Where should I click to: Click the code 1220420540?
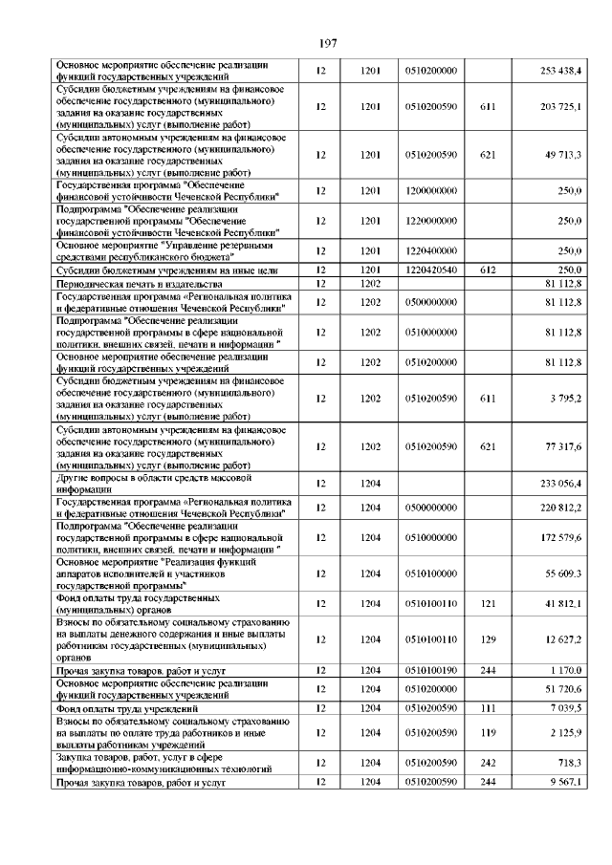click(x=431, y=270)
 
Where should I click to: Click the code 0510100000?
click(x=431, y=574)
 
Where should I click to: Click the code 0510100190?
click(x=431, y=671)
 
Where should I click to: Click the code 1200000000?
click(x=431, y=191)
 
